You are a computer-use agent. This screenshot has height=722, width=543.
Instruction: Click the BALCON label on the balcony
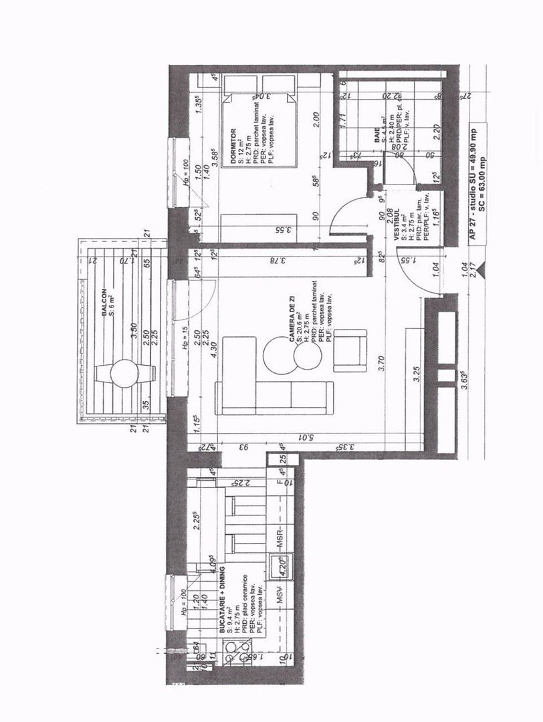[x=104, y=304]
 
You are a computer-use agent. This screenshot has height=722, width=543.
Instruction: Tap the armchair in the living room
[x=350, y=351]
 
